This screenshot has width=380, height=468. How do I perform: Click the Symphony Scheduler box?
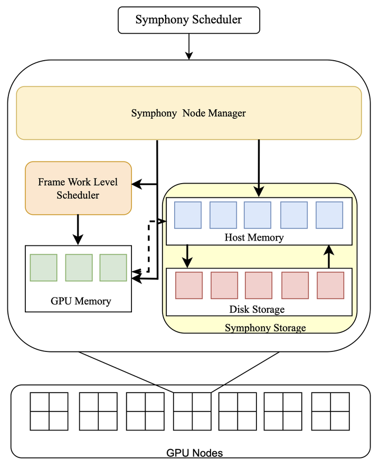pos(188,20)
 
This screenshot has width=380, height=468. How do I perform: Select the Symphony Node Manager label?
pos(188,113)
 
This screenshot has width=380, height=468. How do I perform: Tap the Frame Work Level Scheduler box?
pos(78,188)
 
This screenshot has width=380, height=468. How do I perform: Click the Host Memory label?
pos(254,237)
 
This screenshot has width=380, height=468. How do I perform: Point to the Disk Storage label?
pos(257,309)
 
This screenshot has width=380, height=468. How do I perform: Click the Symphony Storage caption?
pos(265,328)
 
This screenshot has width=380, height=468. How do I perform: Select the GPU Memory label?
pos(81,301)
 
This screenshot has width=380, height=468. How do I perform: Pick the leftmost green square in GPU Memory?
pos(44,268)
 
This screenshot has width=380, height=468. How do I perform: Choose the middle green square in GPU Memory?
pos(79,268)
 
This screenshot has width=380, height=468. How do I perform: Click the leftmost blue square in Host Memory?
pos(188,215)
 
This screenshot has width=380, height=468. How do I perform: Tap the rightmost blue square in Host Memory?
pos(329,215)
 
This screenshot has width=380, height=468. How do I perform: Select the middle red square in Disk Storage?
pos(259,285)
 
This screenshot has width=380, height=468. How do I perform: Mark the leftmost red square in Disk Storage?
pos(189,285)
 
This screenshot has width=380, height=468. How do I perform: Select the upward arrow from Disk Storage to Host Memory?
pos(329,257)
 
